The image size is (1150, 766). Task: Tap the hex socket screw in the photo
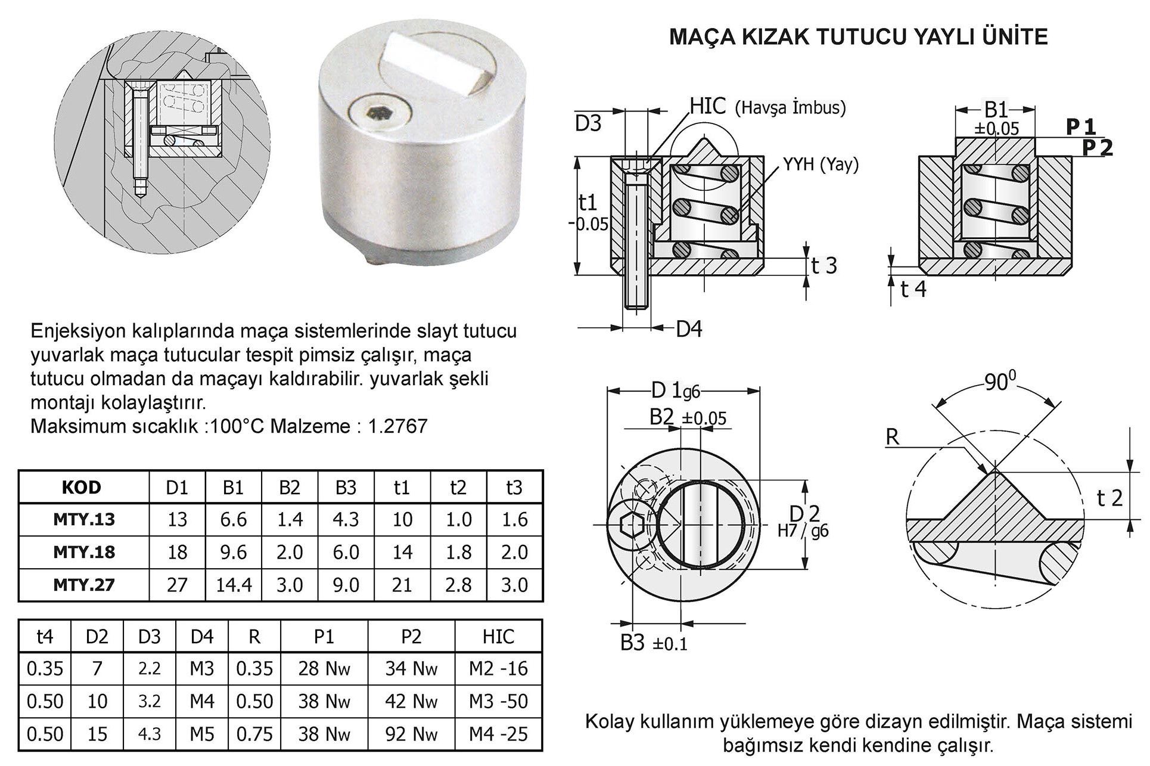point(377,113)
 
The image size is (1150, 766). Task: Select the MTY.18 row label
point(83,552)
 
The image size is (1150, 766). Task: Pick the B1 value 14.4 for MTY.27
point(233,585)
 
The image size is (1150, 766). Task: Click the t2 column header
point(458,488)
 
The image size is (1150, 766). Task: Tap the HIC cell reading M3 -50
point(498,701)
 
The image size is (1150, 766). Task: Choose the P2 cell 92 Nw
point(411,734)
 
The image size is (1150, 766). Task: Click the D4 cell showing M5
point(201,734)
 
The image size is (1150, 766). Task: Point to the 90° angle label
point(999,382)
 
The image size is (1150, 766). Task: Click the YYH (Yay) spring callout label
point(820,164)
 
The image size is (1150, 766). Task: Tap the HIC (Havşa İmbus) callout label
point(767,107)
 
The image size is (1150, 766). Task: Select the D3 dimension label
point(588,123)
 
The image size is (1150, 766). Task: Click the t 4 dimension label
point(913,289)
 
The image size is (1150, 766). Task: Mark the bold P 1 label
point(1080,126)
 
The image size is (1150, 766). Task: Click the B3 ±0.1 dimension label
point(654,643)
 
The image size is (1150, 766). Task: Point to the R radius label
point(892,437)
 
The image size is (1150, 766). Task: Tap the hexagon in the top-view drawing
point(631,525)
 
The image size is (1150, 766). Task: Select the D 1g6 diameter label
point(675,391)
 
